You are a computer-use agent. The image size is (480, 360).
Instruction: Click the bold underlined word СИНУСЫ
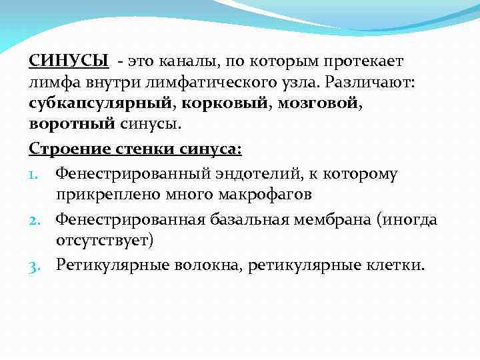[69, 61]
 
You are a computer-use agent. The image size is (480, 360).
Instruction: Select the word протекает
[364, 61]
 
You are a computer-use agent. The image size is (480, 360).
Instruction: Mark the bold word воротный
[65, 125]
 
